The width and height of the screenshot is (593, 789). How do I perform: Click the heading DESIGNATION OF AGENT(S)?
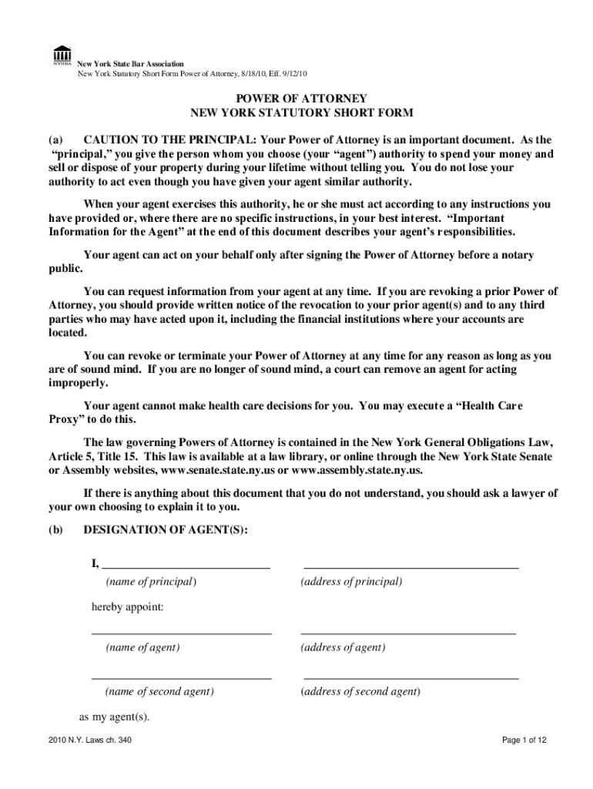pyautogui.click(x=166, y=529)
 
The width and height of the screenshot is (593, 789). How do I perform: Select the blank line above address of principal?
pyautogui.click(x=411, y=566)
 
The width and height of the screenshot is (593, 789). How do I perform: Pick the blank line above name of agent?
pyautogui.click(x=182, y=633)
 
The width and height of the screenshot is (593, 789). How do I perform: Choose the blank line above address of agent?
pyautogui.click(x=408, y=633)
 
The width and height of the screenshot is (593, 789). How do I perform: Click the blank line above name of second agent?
pyautogui.click(x=182, y=678)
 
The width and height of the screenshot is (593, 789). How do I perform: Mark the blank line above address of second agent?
pyautogui.click(x=410, y=678)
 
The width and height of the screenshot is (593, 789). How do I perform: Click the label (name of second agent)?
pyautogui.click(x=160, y=691)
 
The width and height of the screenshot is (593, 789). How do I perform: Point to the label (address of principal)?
pyautogui.click(x=352, y=581)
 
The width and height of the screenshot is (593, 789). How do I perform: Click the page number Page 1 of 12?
pyautogui.click(x=524, y=740)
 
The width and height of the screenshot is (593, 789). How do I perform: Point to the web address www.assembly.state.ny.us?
pyautogui.click(x=357, y=471)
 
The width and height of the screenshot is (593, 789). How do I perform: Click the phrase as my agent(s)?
pyautogui.click(x=115, y=717)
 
